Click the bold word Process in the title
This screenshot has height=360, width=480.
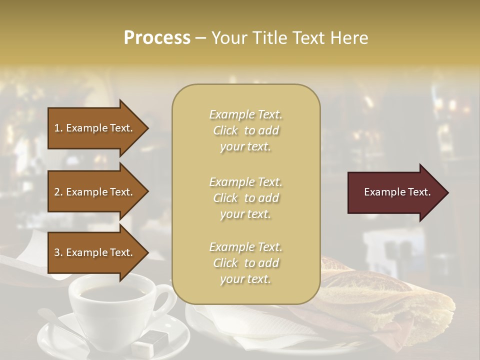tap(157, 38)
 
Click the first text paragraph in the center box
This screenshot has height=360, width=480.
tap(245, 130)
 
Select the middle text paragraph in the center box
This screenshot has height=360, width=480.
tap(245, 198)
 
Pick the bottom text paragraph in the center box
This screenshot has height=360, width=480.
tap(245, 263)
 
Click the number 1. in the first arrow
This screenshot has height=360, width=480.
tap(58, 128)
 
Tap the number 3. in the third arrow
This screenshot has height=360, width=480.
tap(58, 252)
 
